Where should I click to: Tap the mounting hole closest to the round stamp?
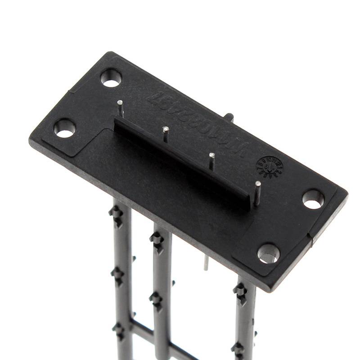pos(313,198)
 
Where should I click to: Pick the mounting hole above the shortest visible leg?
pos(269,253)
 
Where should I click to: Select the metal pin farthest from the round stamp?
pos(121,108)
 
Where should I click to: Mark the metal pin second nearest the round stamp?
pos(211,161)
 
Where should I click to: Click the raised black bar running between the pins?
pos(180,157)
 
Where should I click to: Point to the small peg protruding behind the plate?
pos(229,117)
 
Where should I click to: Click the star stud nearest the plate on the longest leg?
pos(116,212)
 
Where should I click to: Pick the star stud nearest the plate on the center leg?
pos(157,238)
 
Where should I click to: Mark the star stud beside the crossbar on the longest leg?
pos(119,330)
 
